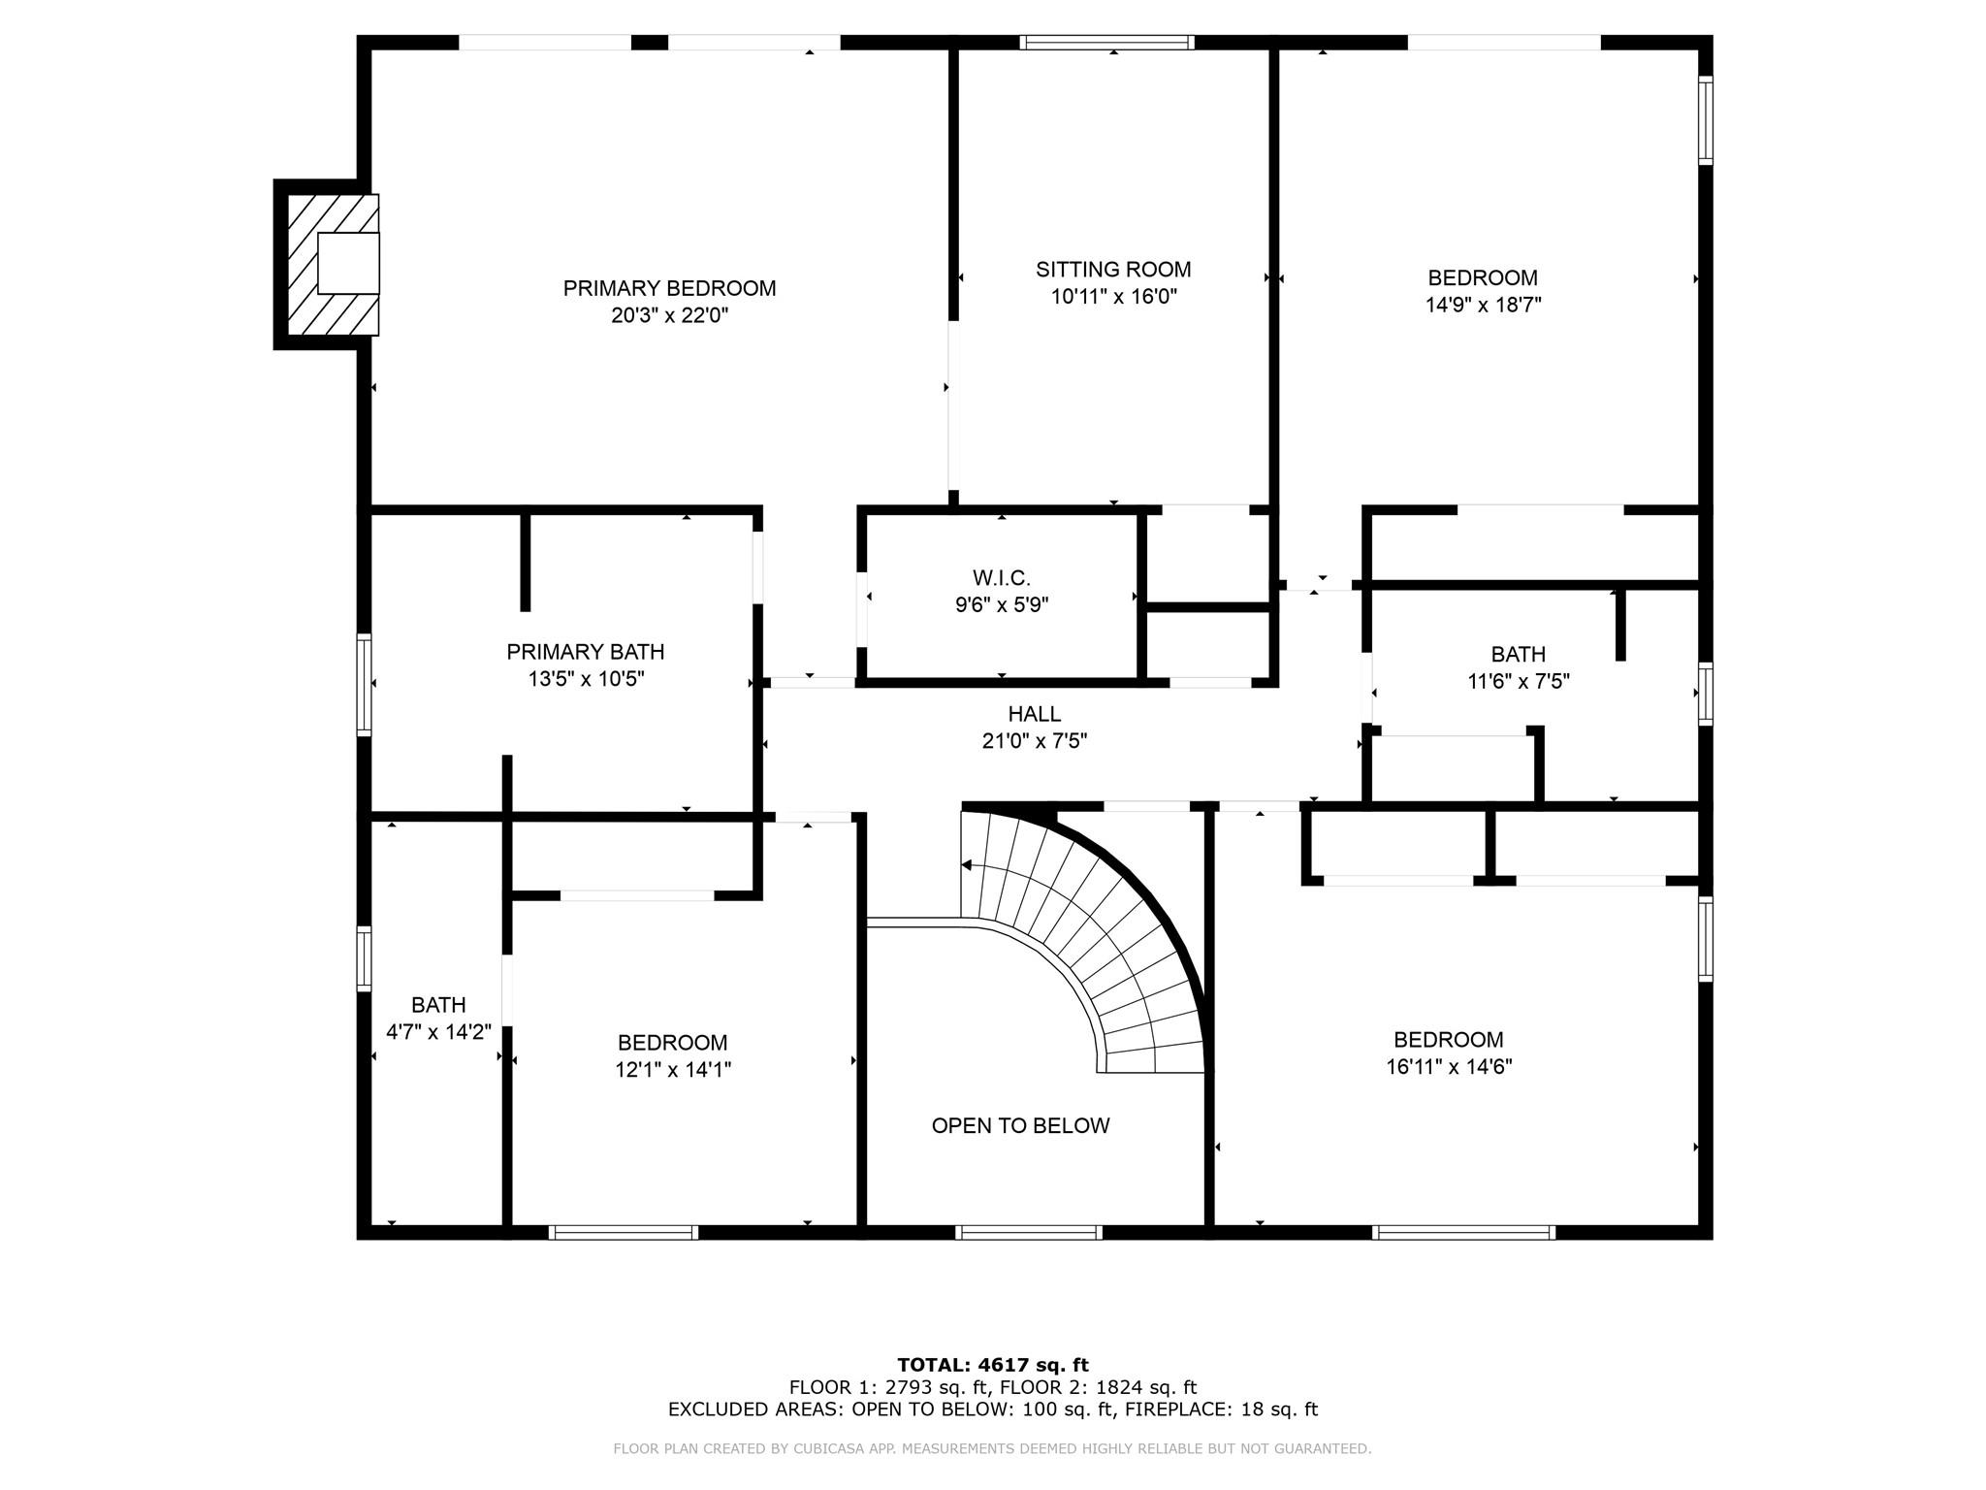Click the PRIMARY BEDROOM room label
click(x=669, y=288)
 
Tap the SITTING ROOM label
click(x=1113, y=269)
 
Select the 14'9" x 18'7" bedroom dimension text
click(x=1483, y=305)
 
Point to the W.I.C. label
click(x=1002, y=578)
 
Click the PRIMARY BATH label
click(x=586, y=652)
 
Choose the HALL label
click(x=1035, y=714)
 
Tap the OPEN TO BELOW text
click(x=1020, y=1125)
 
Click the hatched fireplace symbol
click(x=334, y=264)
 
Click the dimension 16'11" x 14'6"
click(x=1449, y=1067)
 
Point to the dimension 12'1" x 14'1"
click(x=673, y=1070)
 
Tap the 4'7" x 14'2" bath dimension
click(x=438, y=1032)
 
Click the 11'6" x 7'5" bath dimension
click(x=1519, y=682)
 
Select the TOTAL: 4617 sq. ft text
click(x=993, y=1366)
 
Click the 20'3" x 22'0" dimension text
click(x=669, y=315)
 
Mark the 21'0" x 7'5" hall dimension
click(x=1035, y=741)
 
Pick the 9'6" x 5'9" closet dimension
click(x=1002, y=605)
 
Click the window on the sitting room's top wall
click(x=1106, y=42)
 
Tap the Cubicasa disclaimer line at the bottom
click(x=992, y=1449)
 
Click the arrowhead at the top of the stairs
click(x=966, y=864)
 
